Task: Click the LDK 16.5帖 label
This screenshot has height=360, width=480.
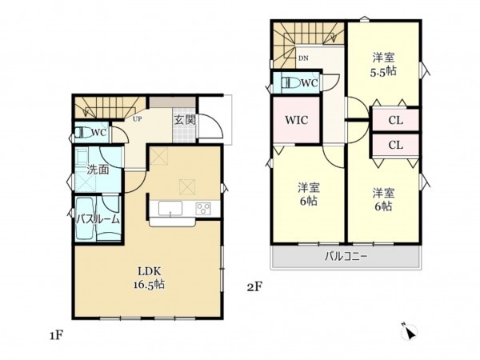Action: pyautogui.click(x=149, y=278)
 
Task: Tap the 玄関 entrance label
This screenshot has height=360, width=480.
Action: pyautogui.click(x=185, y=120)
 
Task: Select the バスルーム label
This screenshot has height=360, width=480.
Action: pyautogui.click(x=98, y=219)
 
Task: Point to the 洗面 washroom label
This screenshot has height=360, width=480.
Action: pyautogui.click(x=98, y=170)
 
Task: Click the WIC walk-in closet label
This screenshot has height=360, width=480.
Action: pyautogui.click(x=296, y=120)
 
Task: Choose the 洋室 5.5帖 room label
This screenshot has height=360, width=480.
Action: pyautogui.click(x=383, y=64)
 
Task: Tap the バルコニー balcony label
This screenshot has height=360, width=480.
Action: pyautogui.click(x=346, y=256)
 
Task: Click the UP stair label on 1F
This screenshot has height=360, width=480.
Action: pyautogui.click(x=137, y=118)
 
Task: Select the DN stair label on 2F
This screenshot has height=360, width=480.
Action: pyautogui.click(x=303, y=58)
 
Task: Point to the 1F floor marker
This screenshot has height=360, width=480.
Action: pyautogui.click(x=56, y=336)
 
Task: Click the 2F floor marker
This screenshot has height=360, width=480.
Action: pyautogui.click(x=254, y=287)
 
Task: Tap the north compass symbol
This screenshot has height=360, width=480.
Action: pyautogui.click(x=410, y=331)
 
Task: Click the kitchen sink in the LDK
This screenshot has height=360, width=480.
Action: pyautogui.click(x=170, y=208)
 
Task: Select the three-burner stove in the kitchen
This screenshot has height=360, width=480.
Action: pyautogui.click(x=203, y=208)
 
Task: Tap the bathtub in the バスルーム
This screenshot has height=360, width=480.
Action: pyautogui.click(x=86, y=218)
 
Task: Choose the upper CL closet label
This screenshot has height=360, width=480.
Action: pyautogui.click(x=395, y=120)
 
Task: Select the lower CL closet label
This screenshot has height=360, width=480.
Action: pyautogui.click(x=395, y=145)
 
